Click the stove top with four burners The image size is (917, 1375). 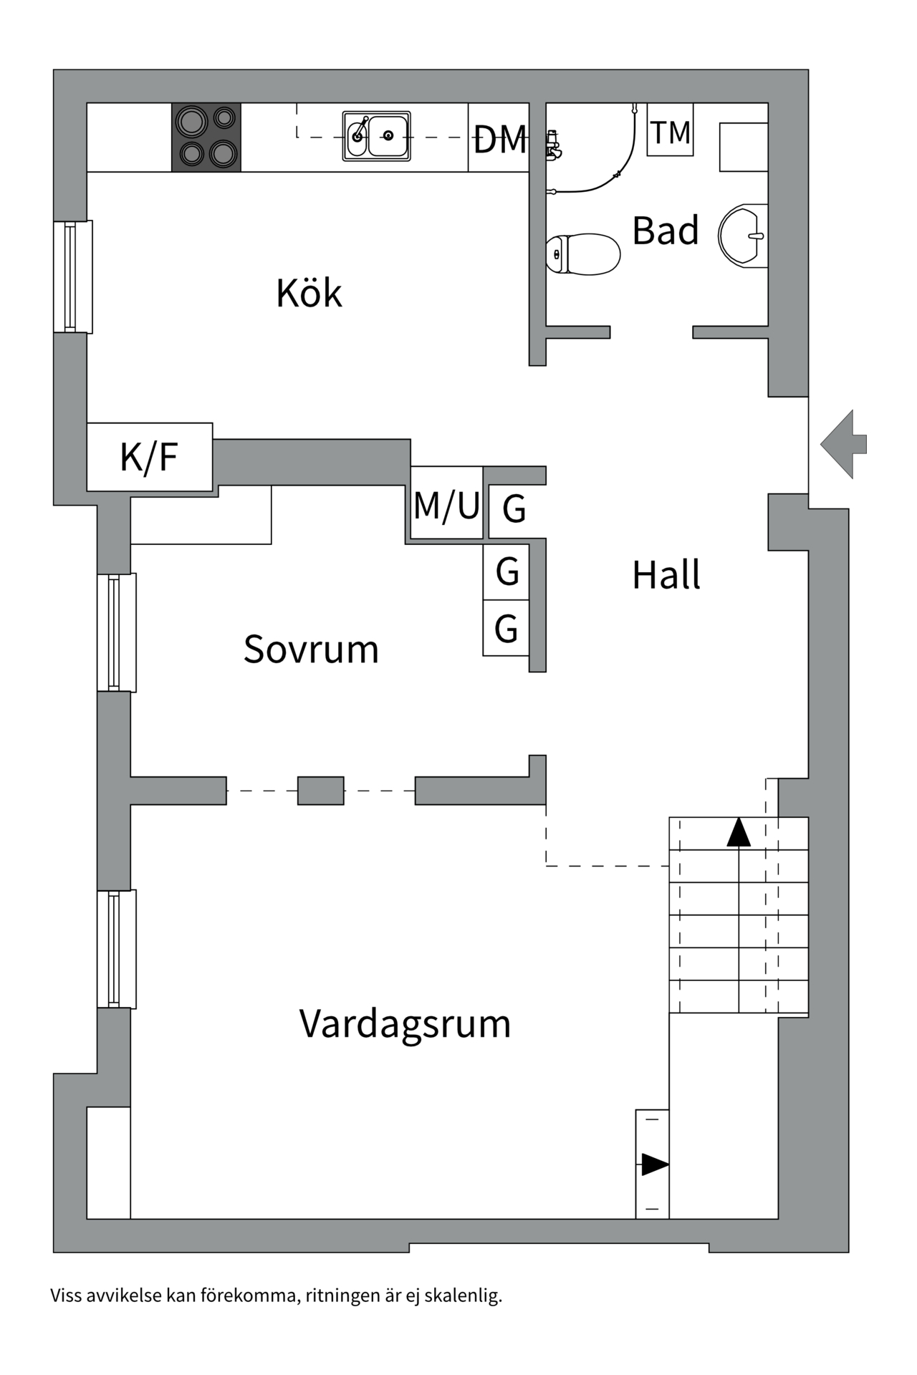pos(206,137)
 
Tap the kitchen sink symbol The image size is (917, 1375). pos(376,135)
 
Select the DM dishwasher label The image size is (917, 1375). pos(499,139)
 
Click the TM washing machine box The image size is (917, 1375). pos(670,131)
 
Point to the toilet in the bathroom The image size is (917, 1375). pos(582,254)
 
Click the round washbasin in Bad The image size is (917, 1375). pos(744,236)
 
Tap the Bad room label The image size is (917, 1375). pos(665,231)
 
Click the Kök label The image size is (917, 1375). pos(309,293)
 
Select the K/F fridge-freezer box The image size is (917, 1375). pos(149,457)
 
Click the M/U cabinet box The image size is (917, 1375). pos(446,503)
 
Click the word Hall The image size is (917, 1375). pos(666,575)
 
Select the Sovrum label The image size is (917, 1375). pos(311,649)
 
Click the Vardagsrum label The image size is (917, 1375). pos(405,1023)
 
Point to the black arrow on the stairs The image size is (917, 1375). pos(739,832)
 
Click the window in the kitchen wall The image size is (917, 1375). pos(72,276)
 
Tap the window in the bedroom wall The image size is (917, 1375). pos(116,632)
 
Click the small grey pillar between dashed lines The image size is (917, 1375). pos(320,791)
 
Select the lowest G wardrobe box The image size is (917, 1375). pos(506,628)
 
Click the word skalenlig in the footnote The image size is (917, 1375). pos(464,1296)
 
